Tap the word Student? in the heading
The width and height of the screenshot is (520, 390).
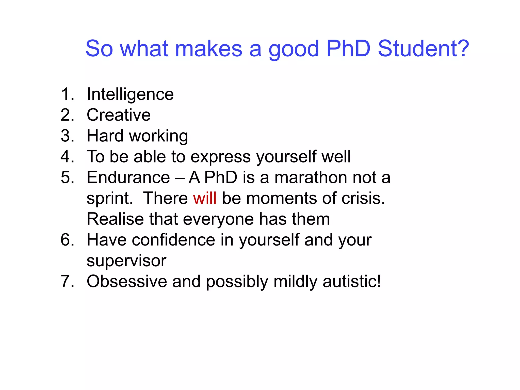coord(423,48)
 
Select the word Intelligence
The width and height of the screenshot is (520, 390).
coord(130,94)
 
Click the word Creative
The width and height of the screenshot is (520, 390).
coord(119,115)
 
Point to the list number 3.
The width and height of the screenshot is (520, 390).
coord(67,136)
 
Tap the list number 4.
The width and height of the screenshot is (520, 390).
coord(67,157)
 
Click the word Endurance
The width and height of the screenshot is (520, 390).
coord(128,177)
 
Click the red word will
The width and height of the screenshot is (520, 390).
coord(205,198)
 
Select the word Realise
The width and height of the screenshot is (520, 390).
coord(115,219)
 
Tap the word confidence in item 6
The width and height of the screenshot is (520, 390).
coord(173,240)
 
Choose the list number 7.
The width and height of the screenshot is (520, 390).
coord(67,282)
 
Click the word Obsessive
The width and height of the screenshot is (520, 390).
coord(127,282)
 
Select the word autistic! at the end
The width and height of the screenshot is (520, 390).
coord(352,282)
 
